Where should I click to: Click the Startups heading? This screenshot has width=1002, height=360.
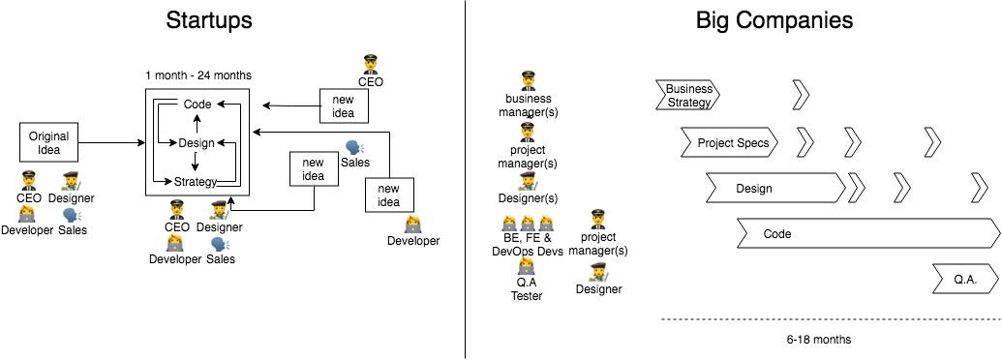pyautogui.click(x=210, y=19)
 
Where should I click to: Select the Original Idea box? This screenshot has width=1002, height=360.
pyautogui.click(x=48, y=142)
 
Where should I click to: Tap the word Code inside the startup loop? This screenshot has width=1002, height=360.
pyautogui.click(x=197, y=105)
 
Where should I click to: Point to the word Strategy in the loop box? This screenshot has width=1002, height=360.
pyautogui.click(x=197, y=182)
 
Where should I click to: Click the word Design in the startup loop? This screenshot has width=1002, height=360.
pyautogui.click(x=197, y=143)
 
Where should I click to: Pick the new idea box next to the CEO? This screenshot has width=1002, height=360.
pyautogui.click(x=344, y=105)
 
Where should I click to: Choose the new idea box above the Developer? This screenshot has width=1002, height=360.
pyautogui.click(x=388, y=195)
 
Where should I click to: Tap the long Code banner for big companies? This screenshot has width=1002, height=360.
pyautogui.click(x=866, y=233)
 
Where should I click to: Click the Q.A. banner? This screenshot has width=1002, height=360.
pyautogui.click(x=964, y=279)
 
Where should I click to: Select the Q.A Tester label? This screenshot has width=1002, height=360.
pyautogui.click(x=527, y=290)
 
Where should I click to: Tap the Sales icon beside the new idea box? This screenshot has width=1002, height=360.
pyautogui.click(x=353, y=148)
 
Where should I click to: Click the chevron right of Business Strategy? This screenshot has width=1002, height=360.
pyautogui.click(x=801, y=95)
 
